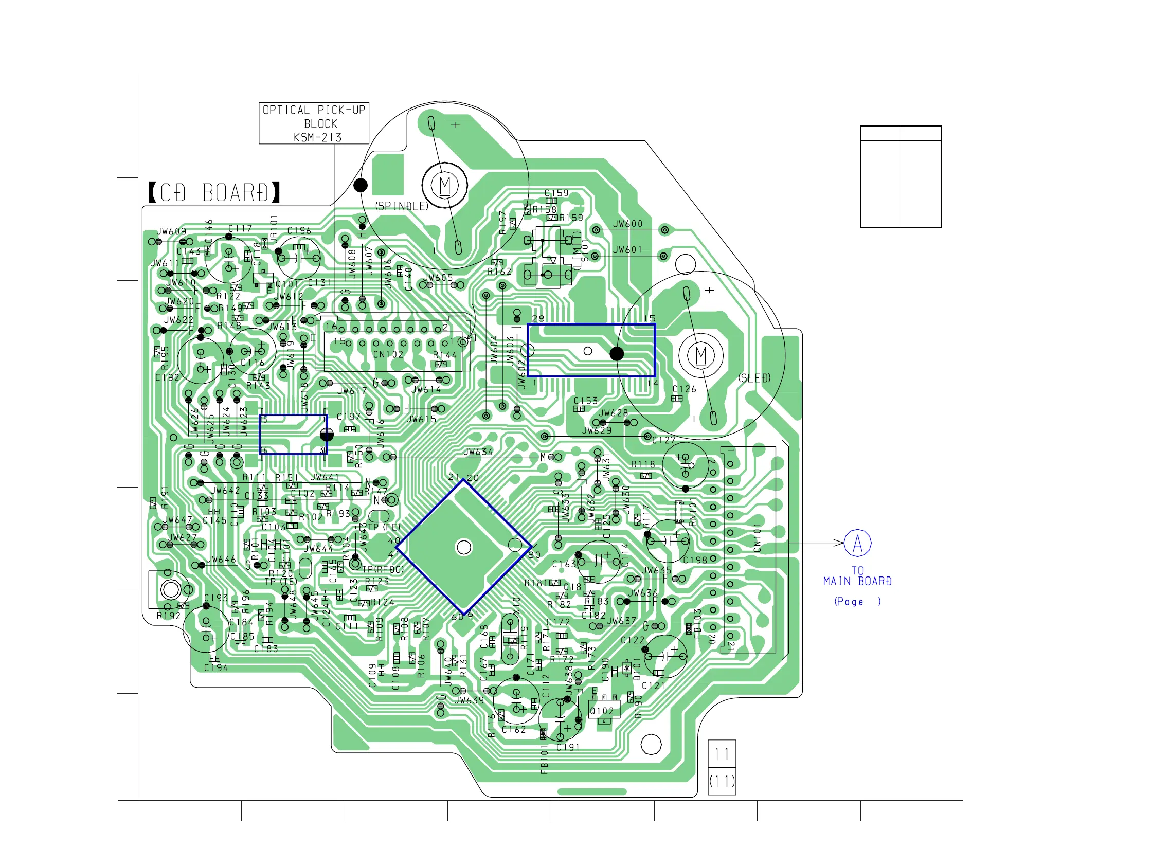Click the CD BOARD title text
click(x=214, y=193)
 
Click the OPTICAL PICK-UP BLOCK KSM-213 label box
click(x=314, y=123)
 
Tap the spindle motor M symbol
click(x=445, y=185)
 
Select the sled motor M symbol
click(x=701, y=356)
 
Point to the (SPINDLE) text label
click(x=402, y=206)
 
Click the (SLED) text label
click(x=754, y=378)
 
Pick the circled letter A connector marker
click(x=857, y=543)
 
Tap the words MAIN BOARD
click(x=857, y=581)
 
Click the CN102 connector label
click(x=388, y=355)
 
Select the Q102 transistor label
click(x=602, y=711)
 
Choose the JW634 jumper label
click(x=478, y=452)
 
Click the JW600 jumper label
click(x=627, y=224)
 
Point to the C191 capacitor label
click(x=568, y=747)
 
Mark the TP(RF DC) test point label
click(x=383, y=569)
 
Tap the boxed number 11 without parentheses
click(x=722, y=754)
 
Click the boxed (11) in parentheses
click(x=722, y=781)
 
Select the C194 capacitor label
click(x=215, y=667)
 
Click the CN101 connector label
click(x=757, y=537)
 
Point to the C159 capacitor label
click(x=557, y=193)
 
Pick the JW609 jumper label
click(x=172, y=231)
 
